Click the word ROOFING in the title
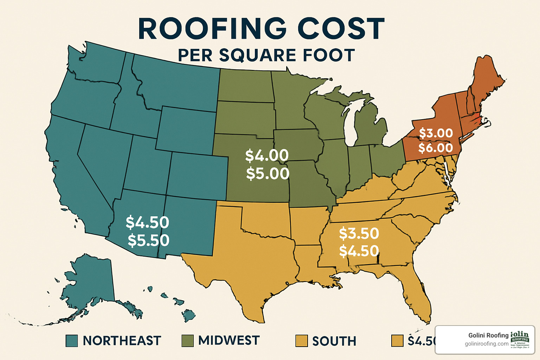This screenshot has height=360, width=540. point(213,29)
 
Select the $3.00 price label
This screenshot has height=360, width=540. point(436,133)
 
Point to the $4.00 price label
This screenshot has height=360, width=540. point(267,155)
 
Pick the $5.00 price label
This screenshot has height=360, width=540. point(268,174)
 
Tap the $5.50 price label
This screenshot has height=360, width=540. point(148,240)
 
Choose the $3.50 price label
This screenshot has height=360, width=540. point(359,233)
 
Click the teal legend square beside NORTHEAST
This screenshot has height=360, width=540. point(72,341)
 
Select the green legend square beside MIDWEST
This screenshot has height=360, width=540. point(187,341)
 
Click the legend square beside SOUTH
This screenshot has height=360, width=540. point(302,341)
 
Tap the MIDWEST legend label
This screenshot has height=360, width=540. point(229,340)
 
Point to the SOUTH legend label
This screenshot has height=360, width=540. point(334,341)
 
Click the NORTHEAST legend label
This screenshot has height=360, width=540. point(122,341)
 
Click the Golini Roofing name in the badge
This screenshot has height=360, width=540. point(488,335)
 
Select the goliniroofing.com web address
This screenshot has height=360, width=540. point(487,344)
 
